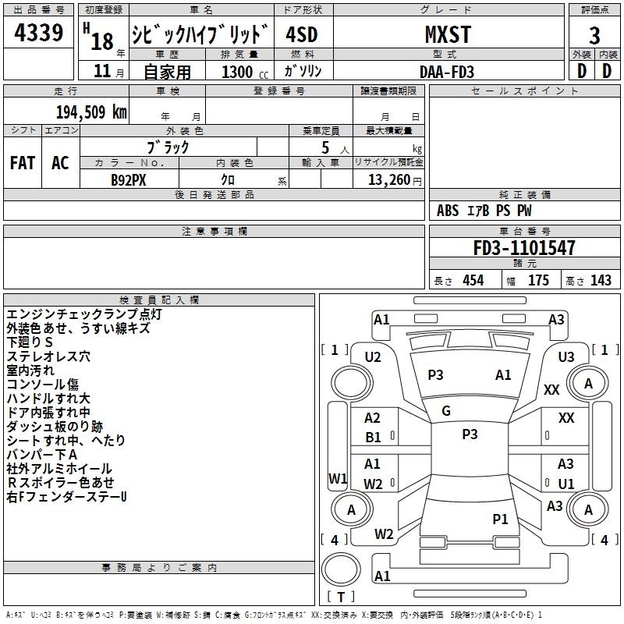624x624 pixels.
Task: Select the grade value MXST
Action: click(447, 34)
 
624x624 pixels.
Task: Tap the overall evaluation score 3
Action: click(594, 36)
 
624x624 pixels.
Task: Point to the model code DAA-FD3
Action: click(447, 71)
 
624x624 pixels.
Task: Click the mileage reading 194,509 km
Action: click(90, 112)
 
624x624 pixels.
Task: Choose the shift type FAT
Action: click(22, 162)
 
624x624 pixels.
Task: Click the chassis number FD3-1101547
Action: click(524, 249)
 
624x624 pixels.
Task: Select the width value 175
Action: click(538, 281)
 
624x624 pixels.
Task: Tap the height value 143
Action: click(601, 281)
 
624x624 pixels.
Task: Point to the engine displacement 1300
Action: click(237, 72)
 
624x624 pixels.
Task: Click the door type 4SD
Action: click(302, 35)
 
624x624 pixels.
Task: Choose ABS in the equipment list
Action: click(448, 211)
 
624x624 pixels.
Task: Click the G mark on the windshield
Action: click(445, 411)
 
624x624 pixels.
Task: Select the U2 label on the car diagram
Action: click(373, 357)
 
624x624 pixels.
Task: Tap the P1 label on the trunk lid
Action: click(500, 519)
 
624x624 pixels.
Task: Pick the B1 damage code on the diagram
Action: click(374, 438)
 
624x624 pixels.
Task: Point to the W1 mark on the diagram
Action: click(337, 478)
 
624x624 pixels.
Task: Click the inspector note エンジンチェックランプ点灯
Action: click(83, 314)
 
